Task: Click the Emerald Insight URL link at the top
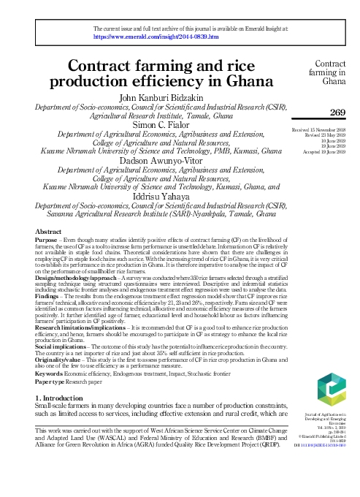[156, 35]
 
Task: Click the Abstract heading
[48, 231]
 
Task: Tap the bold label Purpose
[47, 239]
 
